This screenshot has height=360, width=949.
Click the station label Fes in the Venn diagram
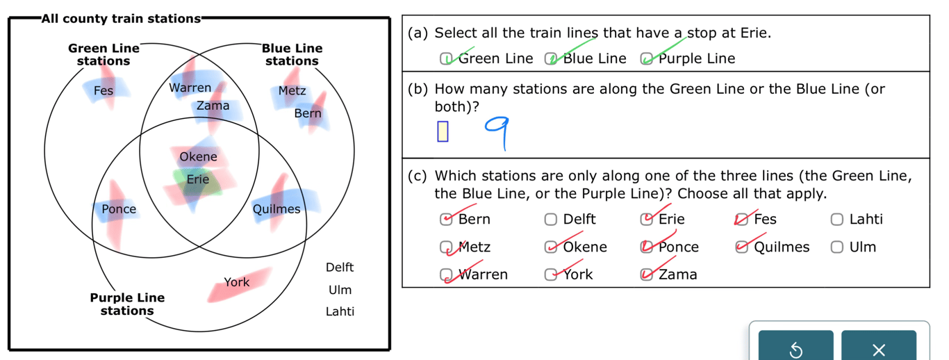point(103,90)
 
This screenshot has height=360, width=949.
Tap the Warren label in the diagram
point(190,88)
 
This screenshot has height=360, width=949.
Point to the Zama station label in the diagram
point(213,106)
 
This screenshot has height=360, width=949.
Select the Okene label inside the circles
point(198,156)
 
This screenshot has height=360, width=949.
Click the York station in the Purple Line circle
point(236,282)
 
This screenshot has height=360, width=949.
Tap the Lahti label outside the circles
point(340,311)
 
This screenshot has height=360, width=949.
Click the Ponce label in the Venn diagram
point(119,208)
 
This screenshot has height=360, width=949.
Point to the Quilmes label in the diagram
point(277,208)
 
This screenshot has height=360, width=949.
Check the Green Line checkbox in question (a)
point(446,59)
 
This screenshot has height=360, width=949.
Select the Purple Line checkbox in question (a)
point(646,59)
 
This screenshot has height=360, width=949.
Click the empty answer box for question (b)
point(443,131)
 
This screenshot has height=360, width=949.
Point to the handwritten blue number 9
point(500,131)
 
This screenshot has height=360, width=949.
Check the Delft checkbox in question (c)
point(550,220)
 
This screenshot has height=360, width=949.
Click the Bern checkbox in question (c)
point(446,220)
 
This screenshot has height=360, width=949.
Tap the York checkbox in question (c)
point(550,275)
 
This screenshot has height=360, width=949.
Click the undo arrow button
point(795,350)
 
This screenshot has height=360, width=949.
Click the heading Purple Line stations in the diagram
point(127,304)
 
